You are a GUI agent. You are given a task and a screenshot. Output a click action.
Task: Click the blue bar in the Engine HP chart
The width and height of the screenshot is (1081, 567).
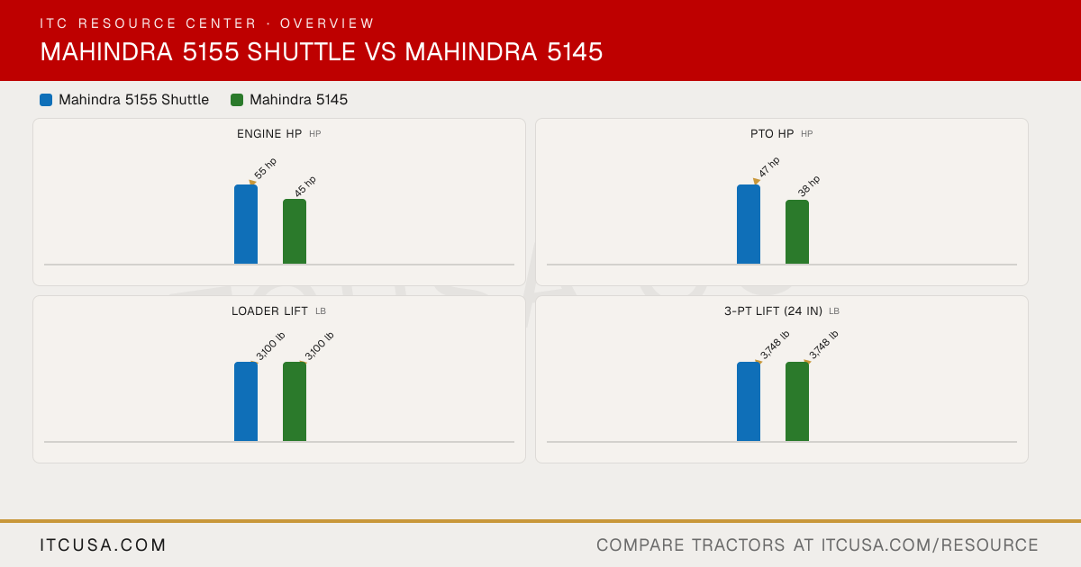click(x=246, y=224)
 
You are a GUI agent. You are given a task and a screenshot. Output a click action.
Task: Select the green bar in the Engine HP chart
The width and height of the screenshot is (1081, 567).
click(x=295, y=231)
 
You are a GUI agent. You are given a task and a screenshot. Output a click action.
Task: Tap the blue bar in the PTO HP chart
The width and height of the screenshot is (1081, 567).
click(x=749, y=224)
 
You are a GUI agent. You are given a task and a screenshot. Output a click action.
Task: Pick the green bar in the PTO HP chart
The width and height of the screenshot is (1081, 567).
click(x=797, y=232)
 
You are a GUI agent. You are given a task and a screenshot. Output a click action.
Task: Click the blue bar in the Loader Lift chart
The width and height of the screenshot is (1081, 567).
click(x=246, y=401)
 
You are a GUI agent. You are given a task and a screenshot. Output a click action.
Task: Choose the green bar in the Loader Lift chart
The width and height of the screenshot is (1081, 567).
click(x=295, y=401)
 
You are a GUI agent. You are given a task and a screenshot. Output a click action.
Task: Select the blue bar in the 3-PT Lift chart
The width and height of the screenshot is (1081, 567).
click(x=749, y=401)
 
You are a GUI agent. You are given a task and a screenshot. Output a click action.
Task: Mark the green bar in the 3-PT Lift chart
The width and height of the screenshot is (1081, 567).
click(x=797, y=401)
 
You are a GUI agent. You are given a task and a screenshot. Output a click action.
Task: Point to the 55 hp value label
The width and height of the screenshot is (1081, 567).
click(x=266, y=168)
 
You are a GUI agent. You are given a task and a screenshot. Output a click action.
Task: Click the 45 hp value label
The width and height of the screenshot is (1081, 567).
click(x=305, y=186)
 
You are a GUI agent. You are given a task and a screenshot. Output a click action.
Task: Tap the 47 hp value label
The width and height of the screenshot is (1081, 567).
click(x=768, y=167)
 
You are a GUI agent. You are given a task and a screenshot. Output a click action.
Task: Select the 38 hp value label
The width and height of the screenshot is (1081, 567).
click(x=808, y=186)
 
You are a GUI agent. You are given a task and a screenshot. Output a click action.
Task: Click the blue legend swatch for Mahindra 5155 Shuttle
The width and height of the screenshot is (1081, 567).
click(x=46, y=100)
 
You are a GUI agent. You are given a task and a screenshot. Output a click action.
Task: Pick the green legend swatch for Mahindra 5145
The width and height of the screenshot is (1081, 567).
click(x=237, y=100)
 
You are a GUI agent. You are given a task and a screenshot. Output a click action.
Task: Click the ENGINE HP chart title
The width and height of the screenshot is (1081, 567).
click(x=269, y=134)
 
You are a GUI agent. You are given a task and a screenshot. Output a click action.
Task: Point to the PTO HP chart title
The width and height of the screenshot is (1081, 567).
click(x=772, y=134)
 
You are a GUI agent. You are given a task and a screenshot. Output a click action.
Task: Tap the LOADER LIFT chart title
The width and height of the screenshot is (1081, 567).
click(x=269, y=311)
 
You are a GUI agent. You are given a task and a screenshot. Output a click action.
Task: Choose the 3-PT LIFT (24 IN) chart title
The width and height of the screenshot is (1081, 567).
click(x=773, y=311)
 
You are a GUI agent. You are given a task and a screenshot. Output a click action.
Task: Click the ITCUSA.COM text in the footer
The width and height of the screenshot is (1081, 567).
click(x=103, y=545)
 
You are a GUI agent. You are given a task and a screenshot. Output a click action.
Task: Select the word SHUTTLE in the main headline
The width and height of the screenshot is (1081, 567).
click(x=301, y=52)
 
